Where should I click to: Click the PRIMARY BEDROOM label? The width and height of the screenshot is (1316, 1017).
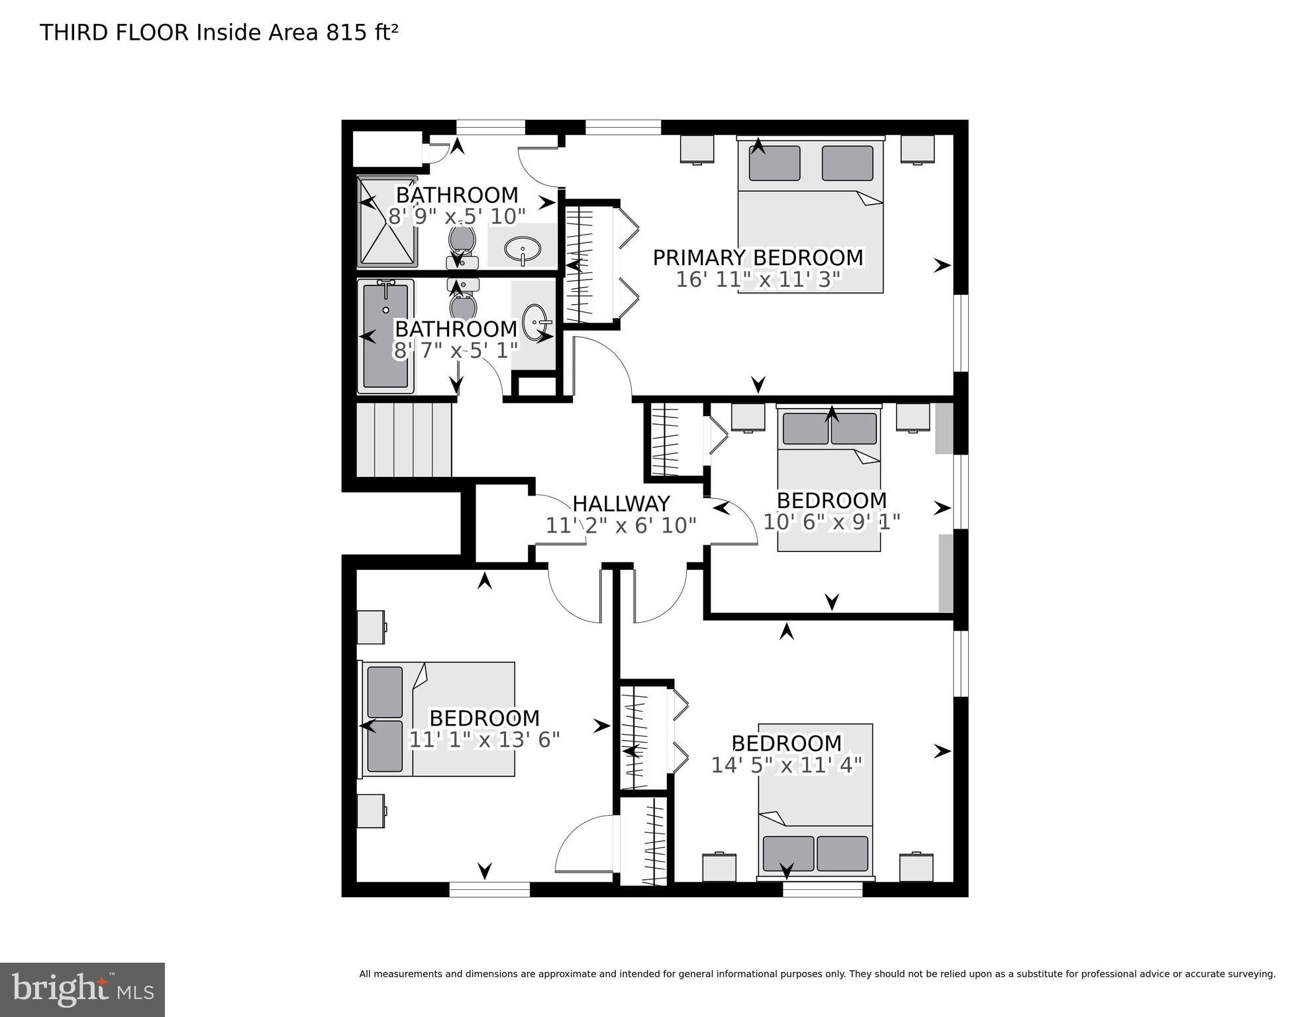[x=758, y=258]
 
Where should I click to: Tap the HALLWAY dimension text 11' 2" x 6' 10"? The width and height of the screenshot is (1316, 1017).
[x=621, y=525]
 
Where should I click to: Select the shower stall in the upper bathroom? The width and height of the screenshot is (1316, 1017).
[x=387, y=222]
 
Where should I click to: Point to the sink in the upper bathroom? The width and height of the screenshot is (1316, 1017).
[x=523, y=250]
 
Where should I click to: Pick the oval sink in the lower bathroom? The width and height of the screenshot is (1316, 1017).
[x=535, y=321]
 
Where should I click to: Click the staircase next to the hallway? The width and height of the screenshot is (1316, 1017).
[x=404, y=440]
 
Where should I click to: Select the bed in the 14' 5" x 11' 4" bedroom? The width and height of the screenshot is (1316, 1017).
[x=815, y=802]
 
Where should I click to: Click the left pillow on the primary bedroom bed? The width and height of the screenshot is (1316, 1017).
[x=774, y=163]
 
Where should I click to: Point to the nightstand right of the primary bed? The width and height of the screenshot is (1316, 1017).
[x=917, y=149]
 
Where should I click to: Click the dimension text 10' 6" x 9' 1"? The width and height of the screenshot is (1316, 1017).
[x=831, y=522]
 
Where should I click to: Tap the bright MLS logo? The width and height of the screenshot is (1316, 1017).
[x=82, y=989]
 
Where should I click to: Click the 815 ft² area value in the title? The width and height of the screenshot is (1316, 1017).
[x=362, y=32]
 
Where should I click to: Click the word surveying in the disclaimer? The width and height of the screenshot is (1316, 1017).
[x=1250, y=974]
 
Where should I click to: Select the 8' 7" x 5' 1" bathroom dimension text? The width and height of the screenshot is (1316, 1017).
[x=456, y=350]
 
